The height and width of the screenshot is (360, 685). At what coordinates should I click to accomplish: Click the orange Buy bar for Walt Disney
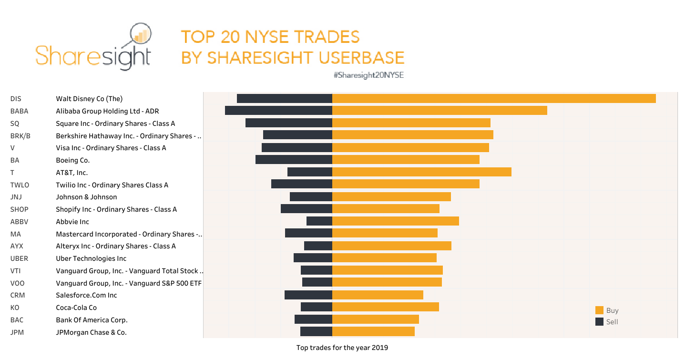tap(493, 99)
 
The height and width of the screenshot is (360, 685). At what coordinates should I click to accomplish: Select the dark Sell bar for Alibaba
tap(278, 111)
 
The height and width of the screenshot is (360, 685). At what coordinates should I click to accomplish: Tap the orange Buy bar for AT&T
tap(421, 172)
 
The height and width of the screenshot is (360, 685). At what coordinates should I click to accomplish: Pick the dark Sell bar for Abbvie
tap(319, 221)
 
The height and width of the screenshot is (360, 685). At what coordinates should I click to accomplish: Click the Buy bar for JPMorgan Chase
tap(373, 332)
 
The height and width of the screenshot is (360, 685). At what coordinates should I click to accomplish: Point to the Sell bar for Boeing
tap(294, 160)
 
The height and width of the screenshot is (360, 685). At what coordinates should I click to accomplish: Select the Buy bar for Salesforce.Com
tap(378, 295)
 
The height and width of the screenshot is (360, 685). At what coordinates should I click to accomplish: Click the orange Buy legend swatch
tap(599, 310)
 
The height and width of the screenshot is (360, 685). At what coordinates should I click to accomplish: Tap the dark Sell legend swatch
tap(599, 322)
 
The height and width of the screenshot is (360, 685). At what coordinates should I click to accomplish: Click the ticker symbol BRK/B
tap(20, 136)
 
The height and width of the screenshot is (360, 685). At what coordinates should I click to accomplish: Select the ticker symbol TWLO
tap(20, 185)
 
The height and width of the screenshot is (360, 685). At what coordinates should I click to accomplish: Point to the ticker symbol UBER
tap(19, 258)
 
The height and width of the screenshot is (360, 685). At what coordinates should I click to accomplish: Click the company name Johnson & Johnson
tap(86, 197)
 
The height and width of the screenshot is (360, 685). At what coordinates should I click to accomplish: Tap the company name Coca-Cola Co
tap(76, 308)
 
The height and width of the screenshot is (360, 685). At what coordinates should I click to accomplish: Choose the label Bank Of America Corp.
tap(92, 320)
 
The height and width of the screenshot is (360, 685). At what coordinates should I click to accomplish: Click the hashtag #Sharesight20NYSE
tap(368, 75)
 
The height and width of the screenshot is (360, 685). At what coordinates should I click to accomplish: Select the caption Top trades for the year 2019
tap(342, 348)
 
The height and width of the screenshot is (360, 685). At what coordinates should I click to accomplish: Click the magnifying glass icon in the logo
tap(140, 35)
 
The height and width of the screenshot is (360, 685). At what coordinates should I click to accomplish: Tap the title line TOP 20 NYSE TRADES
tap(270, 37)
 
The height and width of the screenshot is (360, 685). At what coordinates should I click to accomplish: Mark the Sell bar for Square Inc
tap(288, 123)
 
